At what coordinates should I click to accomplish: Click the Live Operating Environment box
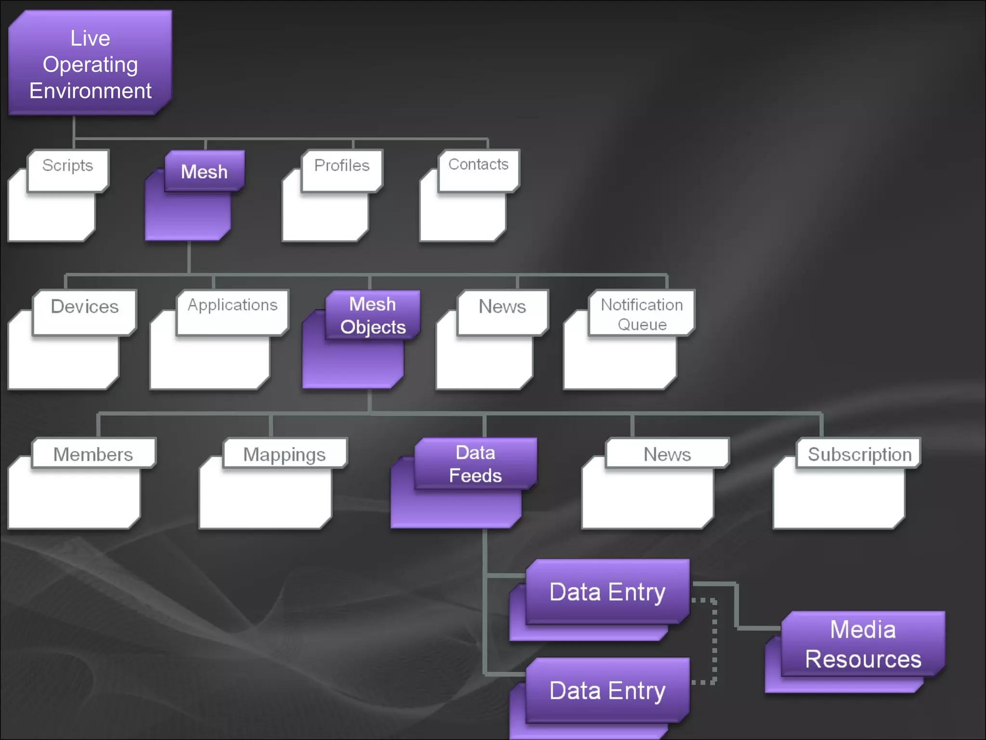click(x=90, y=63)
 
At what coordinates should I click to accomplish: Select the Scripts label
click(x=67, y=166)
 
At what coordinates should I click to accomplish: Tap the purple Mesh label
click(x=204, y=172)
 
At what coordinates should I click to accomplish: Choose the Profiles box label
click(x=342, y=166)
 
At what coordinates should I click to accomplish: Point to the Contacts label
click(x=478, y=165)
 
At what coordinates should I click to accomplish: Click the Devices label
click(x=85, y=307)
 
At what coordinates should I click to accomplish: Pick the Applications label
click(x=233, y=305)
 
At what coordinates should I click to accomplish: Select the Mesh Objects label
click(x=373, y=316)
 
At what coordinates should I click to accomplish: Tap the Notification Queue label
click(x=642, y=314)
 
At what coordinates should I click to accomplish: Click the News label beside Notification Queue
click(x=502, y=307)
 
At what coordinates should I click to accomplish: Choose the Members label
click(x=93, y=454)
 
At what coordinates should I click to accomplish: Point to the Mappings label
click(x=284, y=454)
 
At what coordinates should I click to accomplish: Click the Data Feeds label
click(x=475, y=464)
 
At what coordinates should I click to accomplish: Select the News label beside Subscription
click(x=667, y=454)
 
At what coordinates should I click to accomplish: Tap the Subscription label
click(x=859, y=454)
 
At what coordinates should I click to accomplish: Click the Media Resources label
click(x=863, y=644)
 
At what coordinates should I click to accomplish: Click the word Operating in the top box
click(x=90, y=65)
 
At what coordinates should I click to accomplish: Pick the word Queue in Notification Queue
click(x=642, y=325)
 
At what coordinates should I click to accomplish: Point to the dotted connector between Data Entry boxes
click(x=714, y=641)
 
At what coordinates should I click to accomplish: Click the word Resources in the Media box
click(x=863, y=659)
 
